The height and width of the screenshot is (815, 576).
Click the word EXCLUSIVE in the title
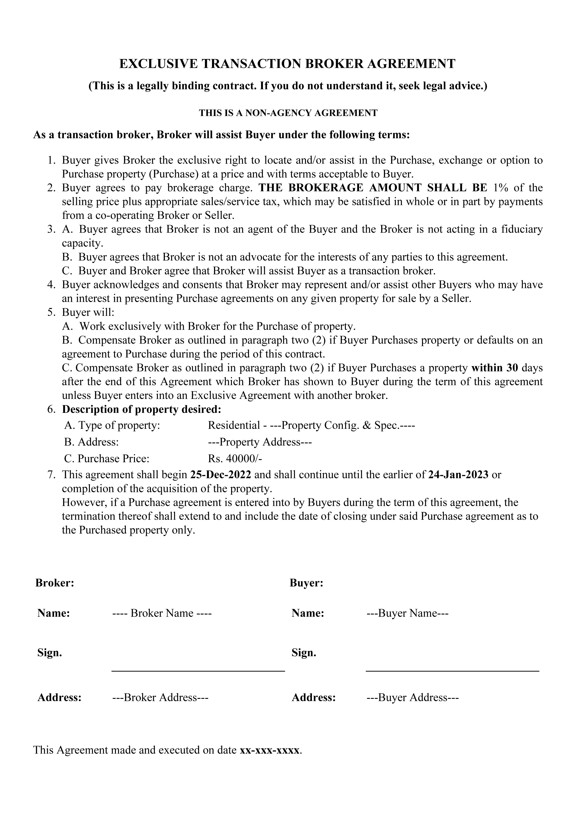tap(158, 64)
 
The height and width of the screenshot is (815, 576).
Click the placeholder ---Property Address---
tap(260, 442)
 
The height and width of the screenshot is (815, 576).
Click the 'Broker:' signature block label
tap(55, 583)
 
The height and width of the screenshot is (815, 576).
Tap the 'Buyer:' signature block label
tap(306, 583)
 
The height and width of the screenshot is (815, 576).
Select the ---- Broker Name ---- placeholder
tap(162, 613)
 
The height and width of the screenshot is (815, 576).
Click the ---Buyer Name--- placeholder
tap(407, 613)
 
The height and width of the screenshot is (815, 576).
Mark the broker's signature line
tap(198, 670)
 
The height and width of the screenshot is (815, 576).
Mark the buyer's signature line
tap(452, 670)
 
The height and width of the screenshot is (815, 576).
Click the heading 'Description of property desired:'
tap(142, 409)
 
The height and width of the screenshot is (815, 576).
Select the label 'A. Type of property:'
tap(112, 425)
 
